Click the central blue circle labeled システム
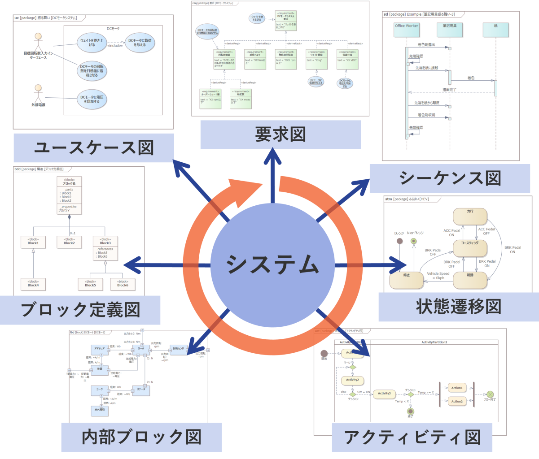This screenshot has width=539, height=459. tap(272, 264)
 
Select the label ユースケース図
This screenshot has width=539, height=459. tap(93, 147)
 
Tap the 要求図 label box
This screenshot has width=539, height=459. tap(280, 134)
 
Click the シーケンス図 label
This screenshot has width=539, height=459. tap(450, 178)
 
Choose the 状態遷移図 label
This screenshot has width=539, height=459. tap(458, 307)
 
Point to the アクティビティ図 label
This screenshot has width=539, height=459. tap(412, 437)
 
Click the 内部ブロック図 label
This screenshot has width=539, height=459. tap(141, 437)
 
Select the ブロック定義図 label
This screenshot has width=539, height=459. tap(80, 309)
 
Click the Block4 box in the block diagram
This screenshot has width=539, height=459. tap(33, 284)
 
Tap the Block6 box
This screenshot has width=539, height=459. tap(123, 284)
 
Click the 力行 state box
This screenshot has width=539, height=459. tap(470, 216)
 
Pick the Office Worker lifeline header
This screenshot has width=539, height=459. tap(406, 30)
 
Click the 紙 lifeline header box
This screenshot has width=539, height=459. tap(496, 30)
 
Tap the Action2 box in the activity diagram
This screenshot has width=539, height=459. tap(456, 401)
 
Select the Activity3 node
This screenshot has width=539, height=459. tap(384, 394)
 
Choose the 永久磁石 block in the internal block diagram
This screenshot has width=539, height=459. tap(100, 409)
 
